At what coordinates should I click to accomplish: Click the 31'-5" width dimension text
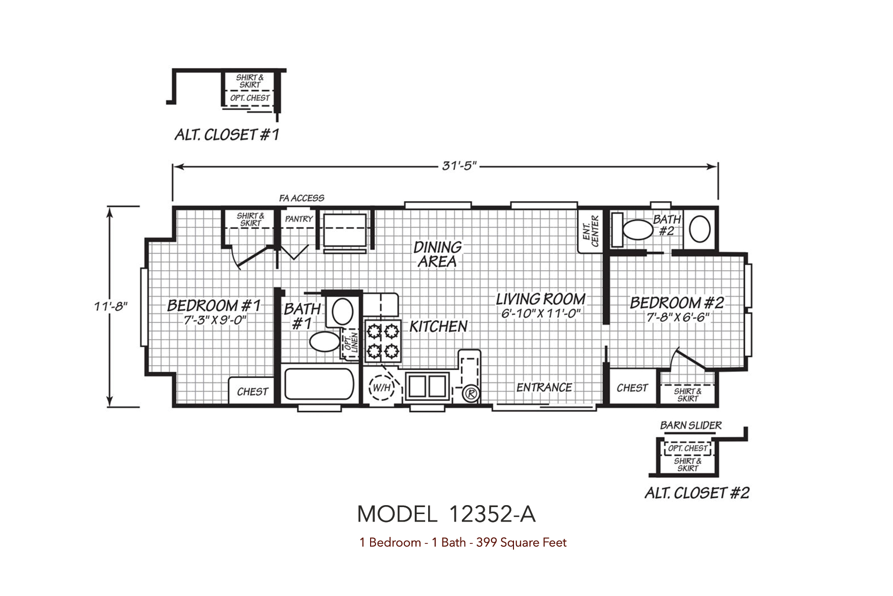pos(459,166)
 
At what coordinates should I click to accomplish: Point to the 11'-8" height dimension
pos(111,306)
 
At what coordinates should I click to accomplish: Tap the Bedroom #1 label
pos(214,305)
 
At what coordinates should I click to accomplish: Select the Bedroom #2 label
pos(677,302)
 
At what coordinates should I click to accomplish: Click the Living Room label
pos(541,299)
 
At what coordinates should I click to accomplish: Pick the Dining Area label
pos(437,254)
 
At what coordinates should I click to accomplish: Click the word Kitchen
pos(439,326)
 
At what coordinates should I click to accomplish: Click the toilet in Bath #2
pos(638,230)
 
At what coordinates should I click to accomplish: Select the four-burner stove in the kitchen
pos(383,341)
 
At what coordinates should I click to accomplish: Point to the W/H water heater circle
pos(382,387)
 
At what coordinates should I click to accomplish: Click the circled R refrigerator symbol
pos(470,394)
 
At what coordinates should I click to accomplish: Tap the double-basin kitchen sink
pos(428,385)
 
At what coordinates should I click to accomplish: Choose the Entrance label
pos(544,387)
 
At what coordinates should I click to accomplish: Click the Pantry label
pos(299,219)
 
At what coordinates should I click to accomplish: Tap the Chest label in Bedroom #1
pos(253,392)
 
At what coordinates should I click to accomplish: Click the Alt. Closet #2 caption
pos(697,493)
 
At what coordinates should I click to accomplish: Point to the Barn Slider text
pos(691,426)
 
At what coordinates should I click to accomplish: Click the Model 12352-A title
pos(446,515)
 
